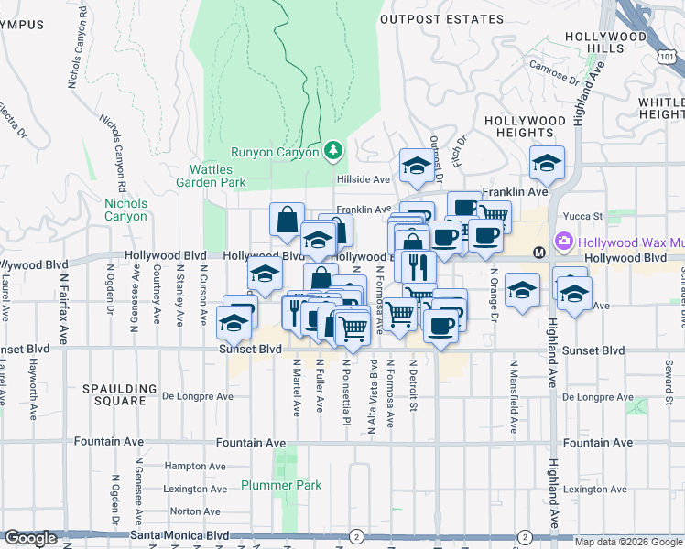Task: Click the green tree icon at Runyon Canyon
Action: [334, 149]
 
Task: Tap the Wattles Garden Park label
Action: [218, 176]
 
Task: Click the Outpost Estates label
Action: [441, 18]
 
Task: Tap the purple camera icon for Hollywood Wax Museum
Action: [562, 244]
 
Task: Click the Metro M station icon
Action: [538, 251]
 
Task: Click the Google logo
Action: [30, 538]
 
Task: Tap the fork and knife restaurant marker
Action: [419, 265]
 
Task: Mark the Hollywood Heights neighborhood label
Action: [525, 126]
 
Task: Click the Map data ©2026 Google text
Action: [627, 542]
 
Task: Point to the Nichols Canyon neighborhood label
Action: [125, 210]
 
